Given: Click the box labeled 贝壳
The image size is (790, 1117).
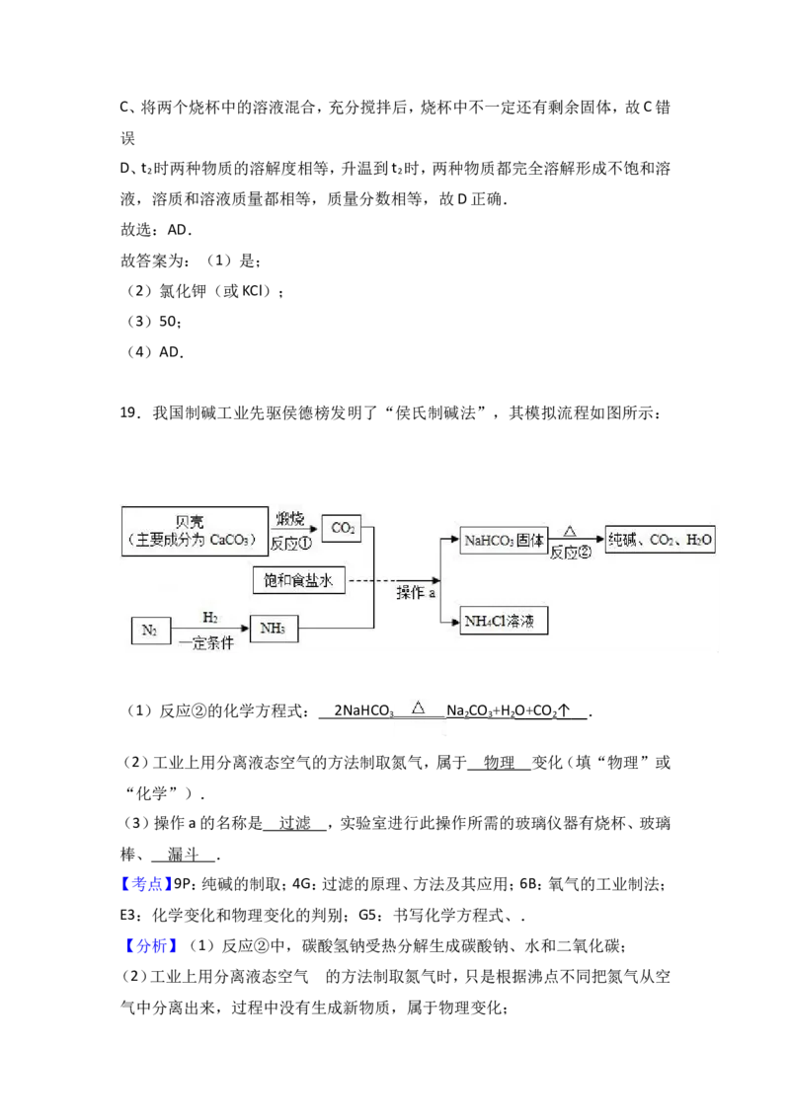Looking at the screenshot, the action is [x=196, y=531].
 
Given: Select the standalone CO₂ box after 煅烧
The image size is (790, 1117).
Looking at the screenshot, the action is [x=343, y=529].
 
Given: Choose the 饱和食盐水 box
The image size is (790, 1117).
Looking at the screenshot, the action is [x=298, y=580].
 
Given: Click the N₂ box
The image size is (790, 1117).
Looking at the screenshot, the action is [x=149, y=630].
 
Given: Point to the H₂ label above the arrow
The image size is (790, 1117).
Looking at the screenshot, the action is [x=209, y=617].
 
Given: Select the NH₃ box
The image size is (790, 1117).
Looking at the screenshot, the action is [x=275, y=630].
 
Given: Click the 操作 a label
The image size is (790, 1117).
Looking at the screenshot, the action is [x=416, y=593].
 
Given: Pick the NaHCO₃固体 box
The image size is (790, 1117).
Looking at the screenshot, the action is [x=504, y=540].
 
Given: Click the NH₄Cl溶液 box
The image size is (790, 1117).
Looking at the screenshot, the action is [x=504, y=622].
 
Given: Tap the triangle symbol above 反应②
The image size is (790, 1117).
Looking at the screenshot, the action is [x=569, y=529].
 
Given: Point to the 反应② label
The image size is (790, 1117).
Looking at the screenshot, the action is [x=570, y=553].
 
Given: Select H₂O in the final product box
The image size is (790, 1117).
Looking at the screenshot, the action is [x=697, y=540].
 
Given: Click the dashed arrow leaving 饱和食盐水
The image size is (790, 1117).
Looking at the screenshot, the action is [x=390, y=580].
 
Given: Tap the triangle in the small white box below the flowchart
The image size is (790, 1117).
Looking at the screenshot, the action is [x=418, y=707].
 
